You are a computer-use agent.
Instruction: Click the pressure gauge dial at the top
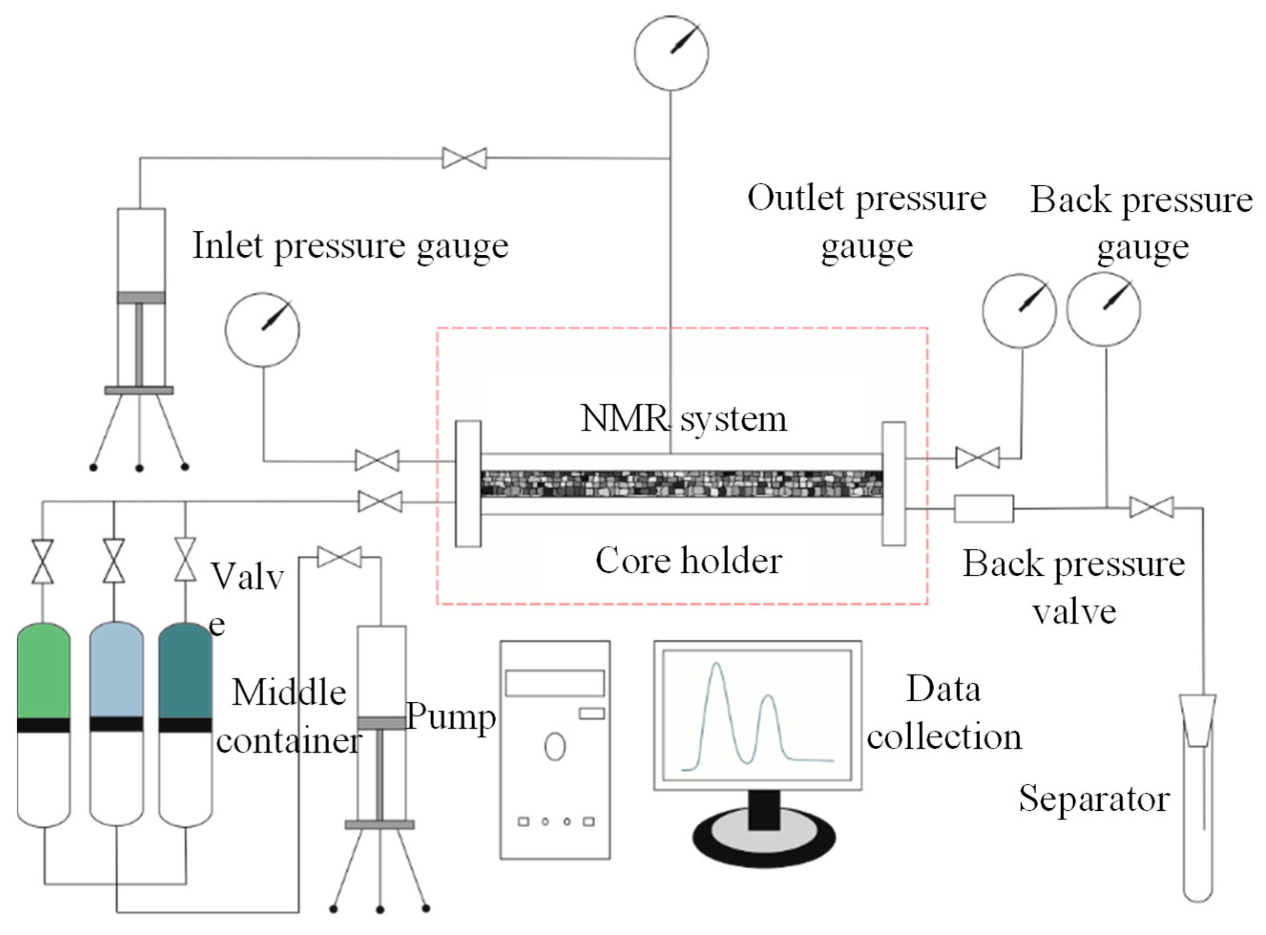(671, 52)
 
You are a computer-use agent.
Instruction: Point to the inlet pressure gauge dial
(262, 330)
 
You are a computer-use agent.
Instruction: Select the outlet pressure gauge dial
(1019, 310)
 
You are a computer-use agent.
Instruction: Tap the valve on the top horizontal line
(464, 158)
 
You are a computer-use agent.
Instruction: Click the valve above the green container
(43, 561)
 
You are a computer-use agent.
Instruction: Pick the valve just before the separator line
(1152, 507)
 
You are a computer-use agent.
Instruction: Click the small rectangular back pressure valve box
(984, 508)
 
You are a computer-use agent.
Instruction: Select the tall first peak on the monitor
(717, 668)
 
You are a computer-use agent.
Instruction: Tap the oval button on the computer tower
(555, 747)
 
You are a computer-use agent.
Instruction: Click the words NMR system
(684, 419)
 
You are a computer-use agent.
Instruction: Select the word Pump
(451, 717)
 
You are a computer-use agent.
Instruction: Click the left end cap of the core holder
(468, 483)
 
